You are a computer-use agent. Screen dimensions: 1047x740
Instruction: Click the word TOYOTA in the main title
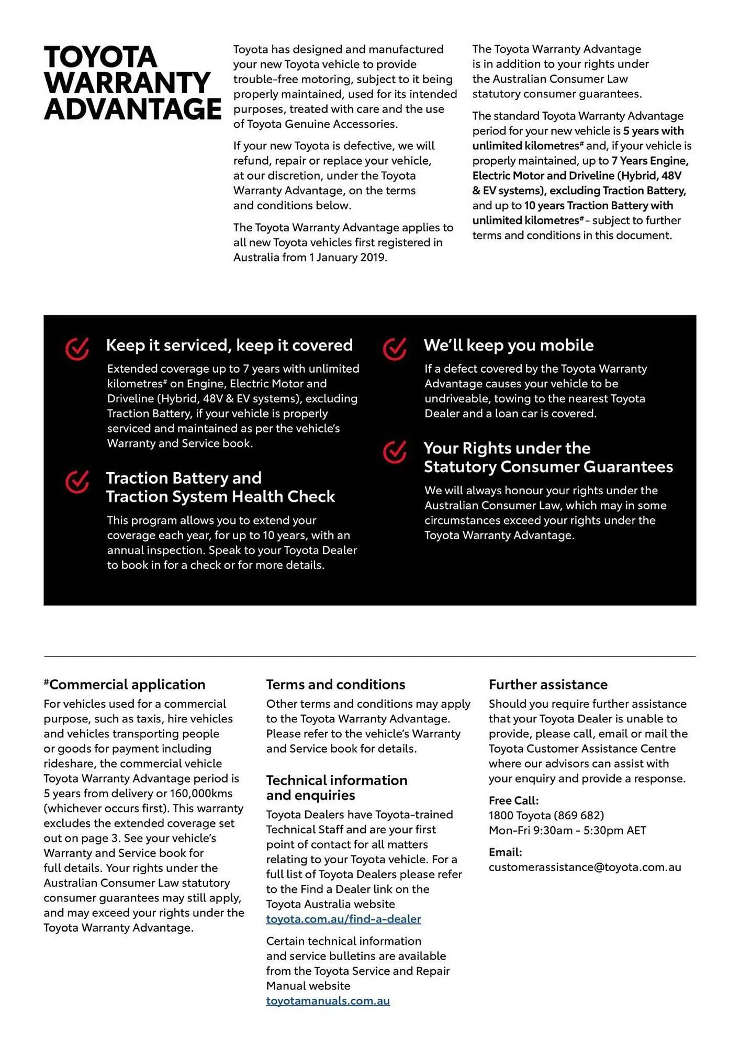point(100,57)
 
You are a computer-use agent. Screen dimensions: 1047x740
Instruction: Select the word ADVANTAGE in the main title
point(133,109)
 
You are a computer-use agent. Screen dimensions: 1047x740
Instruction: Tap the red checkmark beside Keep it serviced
point(77,349)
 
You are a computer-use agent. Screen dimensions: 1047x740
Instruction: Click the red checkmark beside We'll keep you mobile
point(395,349)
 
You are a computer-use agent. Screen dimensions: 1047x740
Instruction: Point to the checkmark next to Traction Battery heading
point(77,482)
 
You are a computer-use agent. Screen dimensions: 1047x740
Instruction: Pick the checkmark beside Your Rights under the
point(395,452)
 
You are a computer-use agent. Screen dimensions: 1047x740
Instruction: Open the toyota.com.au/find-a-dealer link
point(343,919)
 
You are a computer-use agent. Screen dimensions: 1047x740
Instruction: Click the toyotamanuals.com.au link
point(328,1000)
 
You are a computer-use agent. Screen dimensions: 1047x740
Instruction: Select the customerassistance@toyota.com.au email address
point(585,867)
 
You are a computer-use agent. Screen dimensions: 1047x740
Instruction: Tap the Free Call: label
point(513,800)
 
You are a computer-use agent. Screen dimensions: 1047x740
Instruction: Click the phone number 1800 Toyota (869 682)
point(546,815)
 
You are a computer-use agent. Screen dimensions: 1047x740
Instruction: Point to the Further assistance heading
point(548,685)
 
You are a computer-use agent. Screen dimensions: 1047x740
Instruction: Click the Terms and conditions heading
point(335,685)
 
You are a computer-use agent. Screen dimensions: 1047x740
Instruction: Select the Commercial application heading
point(127,685)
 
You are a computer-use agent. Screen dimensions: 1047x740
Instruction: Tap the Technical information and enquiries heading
point(337,787)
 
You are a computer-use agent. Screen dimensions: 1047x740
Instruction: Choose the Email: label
point(505,852)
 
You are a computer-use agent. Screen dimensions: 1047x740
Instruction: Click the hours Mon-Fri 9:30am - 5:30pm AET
point(567,830)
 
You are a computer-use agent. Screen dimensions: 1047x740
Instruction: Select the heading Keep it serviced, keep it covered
point(229,346)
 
